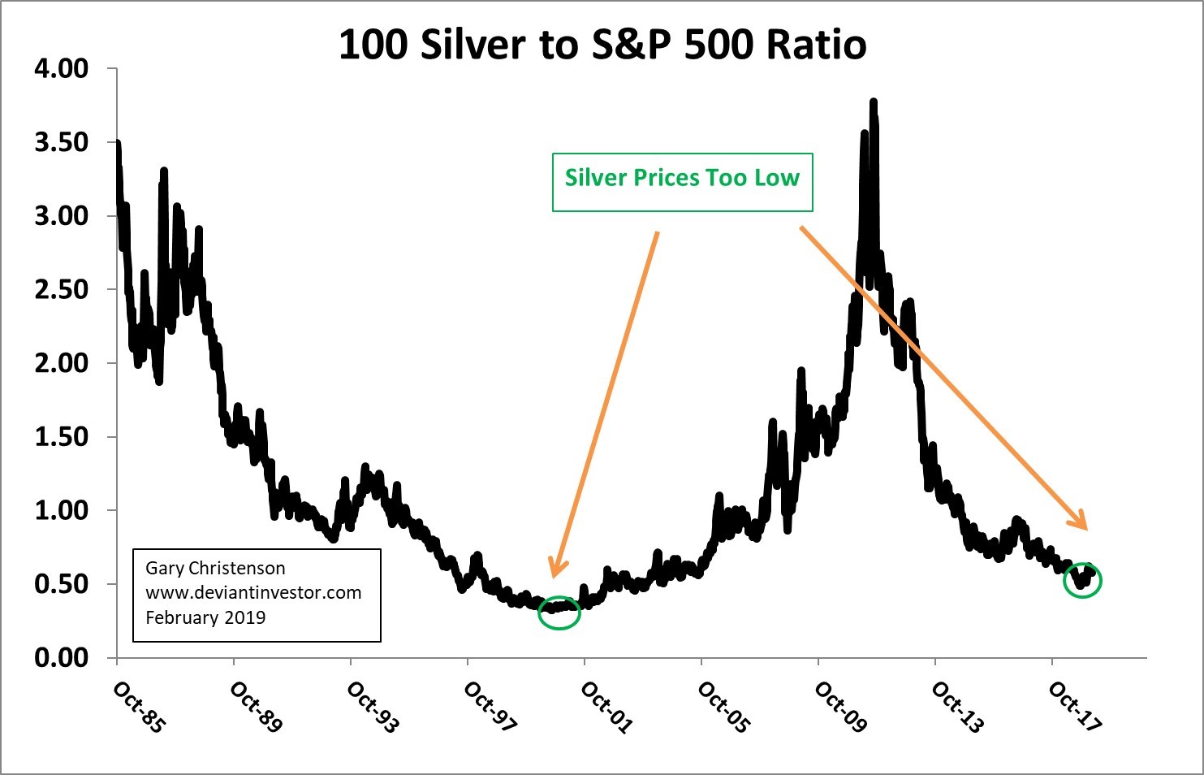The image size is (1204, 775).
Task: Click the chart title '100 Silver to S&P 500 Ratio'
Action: click(x=602, y=45)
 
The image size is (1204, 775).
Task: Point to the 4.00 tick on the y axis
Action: click(x=62, y=69)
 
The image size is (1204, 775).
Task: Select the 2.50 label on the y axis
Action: click(x=62, y=290)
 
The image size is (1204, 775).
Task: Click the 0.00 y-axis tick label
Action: click(x=62, y=658)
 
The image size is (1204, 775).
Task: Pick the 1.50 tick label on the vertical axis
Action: click(x=62, y=437)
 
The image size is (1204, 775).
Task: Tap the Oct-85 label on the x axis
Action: click(x=139, y=707)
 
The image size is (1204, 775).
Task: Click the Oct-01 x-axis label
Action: click(x=606, y=707)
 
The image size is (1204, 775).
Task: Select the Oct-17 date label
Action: click(x=1074, y=707)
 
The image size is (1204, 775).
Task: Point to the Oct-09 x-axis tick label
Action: click(x=840, y=707)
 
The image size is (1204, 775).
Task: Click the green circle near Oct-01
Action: click(x=559, y=613)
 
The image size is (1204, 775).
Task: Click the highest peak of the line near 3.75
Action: click(x=874, y=102)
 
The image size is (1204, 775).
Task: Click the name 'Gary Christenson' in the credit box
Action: click(x=215, y=569)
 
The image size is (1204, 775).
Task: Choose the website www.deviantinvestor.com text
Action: click(x=253, y=593)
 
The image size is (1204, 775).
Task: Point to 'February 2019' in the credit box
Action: click(x=205, y=618)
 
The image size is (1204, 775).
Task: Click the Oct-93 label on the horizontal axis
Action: click(x=373, y=707)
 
